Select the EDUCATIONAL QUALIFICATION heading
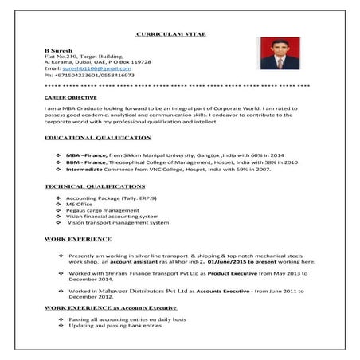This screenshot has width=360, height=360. pos(98,139)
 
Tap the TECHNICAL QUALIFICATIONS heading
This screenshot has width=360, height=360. pos(96,186)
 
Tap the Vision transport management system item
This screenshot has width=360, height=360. pos(118,223)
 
